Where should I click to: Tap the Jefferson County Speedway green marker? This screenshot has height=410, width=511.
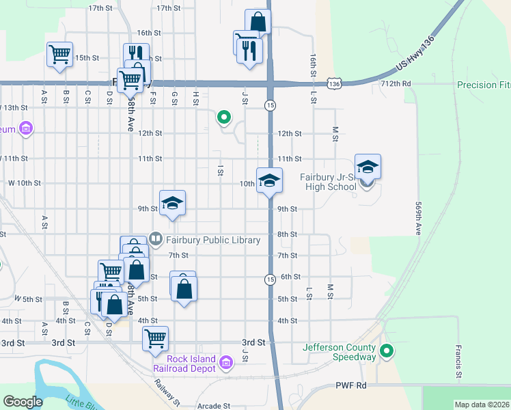pyautogui.click(x=387, y=351)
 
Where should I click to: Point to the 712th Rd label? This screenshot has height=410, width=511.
pyautogui.click(x=396, y=83)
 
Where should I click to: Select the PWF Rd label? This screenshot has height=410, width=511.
pyautogui.click(x=351, y=385)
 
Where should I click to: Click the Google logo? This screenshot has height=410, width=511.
pyautogui.click(x=23, y=402)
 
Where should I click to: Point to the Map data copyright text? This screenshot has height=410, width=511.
pyautogui.click(x=482, y=405)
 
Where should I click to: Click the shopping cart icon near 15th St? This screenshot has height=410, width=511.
pyautogui.click(x=59, y=53)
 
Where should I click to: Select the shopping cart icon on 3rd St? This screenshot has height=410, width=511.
pyautogui.click(x=156, y=337)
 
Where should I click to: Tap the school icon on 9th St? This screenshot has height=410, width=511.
pyautogui.click(x=173, y=202)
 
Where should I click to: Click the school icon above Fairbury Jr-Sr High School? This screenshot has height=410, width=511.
pyautogui.click(x=368, y=166)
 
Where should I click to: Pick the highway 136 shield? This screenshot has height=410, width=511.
pyautogui.click(x=333, y=83)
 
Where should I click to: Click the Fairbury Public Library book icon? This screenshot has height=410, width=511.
pyautogui.click(x=156, y=239)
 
